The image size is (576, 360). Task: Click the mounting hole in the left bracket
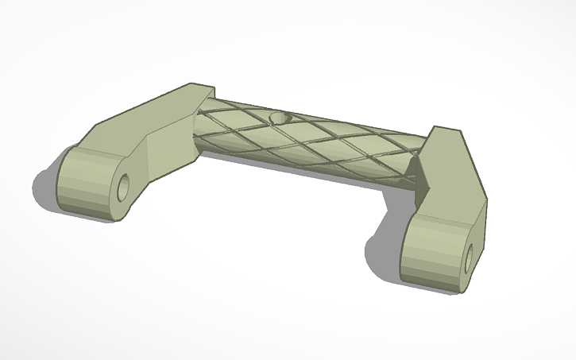tap(124, 188)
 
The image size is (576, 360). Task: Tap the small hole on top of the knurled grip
tap(280, 118)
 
